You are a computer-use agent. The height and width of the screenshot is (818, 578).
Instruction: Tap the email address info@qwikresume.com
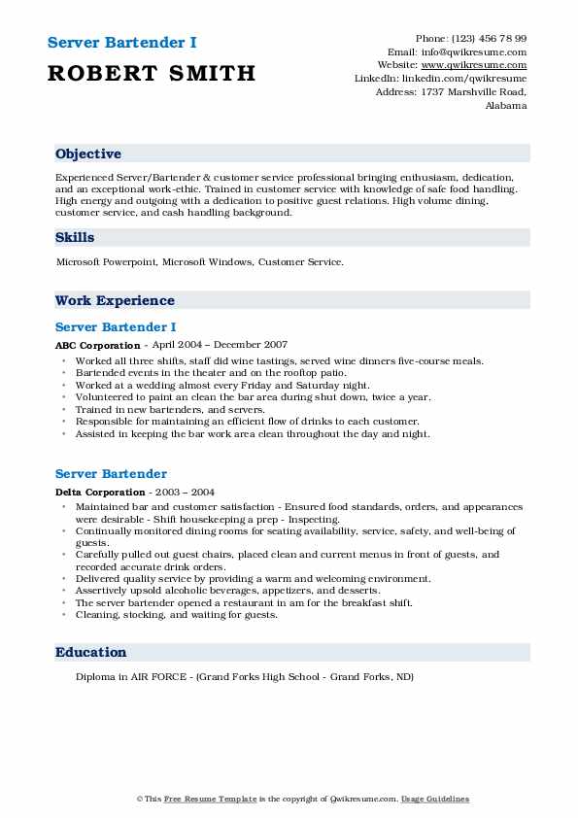tap(477, 51)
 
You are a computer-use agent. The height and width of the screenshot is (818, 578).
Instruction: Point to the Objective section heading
tap(88, 153)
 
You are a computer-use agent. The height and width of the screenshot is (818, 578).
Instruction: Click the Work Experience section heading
tap(115, 300)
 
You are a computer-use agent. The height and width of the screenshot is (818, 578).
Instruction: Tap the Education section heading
tap(90, 652)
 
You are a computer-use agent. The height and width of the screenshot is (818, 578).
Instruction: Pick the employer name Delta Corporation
tap(94, 492)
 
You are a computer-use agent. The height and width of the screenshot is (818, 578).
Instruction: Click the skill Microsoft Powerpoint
tap(107, 262)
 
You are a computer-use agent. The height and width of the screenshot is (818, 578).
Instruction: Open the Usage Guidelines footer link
tap(436, 799)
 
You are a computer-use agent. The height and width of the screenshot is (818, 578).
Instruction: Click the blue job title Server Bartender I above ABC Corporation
tap(116, 326)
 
